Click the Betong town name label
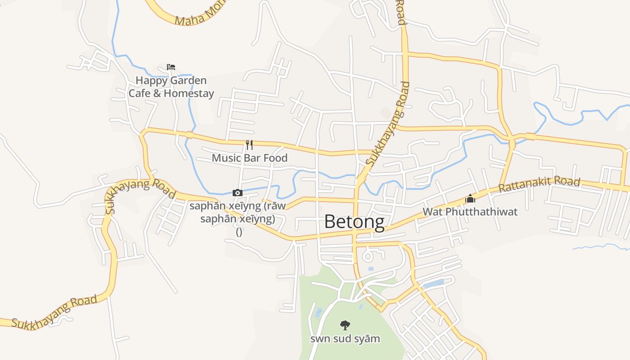coord(354,221)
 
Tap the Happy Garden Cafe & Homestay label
coord(171,87)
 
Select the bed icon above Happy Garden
coord(171,67)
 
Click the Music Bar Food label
coord(249,158)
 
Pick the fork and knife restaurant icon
coord(249,145)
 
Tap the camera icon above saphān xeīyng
coord(237,193)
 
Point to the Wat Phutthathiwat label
coord(470,211)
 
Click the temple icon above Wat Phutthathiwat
coord(470,198)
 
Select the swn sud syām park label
coord(345,338)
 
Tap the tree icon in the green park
coord(345,325)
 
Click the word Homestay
coord(189,93)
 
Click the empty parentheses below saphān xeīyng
coord(239,232)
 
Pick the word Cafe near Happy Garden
coord(139,93)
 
